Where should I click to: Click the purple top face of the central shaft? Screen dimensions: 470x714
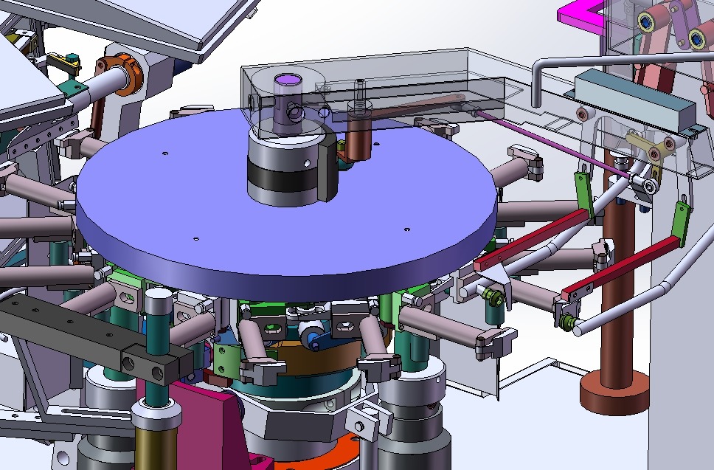tap(285, 79)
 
